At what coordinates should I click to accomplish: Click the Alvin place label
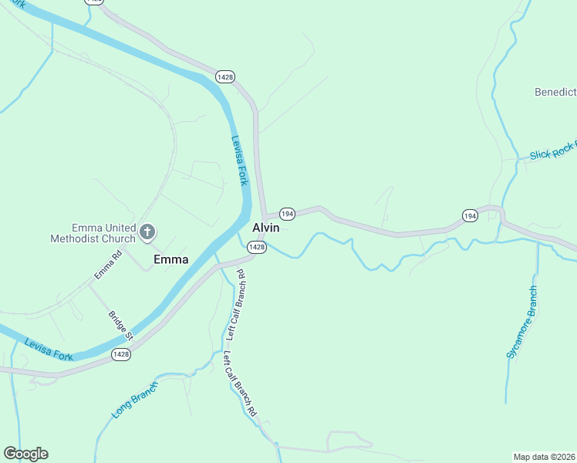pos(265,228)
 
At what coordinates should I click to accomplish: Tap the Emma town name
pos(170,259)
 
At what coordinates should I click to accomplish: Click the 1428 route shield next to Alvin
pos(257,247)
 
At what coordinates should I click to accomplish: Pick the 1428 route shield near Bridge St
pos(120,354)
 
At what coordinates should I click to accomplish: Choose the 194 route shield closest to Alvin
pos(287,213)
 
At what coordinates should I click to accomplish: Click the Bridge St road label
pos(121,326)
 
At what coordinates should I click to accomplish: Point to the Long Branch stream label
pos(134,400)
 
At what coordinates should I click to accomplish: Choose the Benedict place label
pos(555,93)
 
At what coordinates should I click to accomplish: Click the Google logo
pos(25,454)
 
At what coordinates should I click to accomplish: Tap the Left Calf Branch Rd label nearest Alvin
pos(235,306)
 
